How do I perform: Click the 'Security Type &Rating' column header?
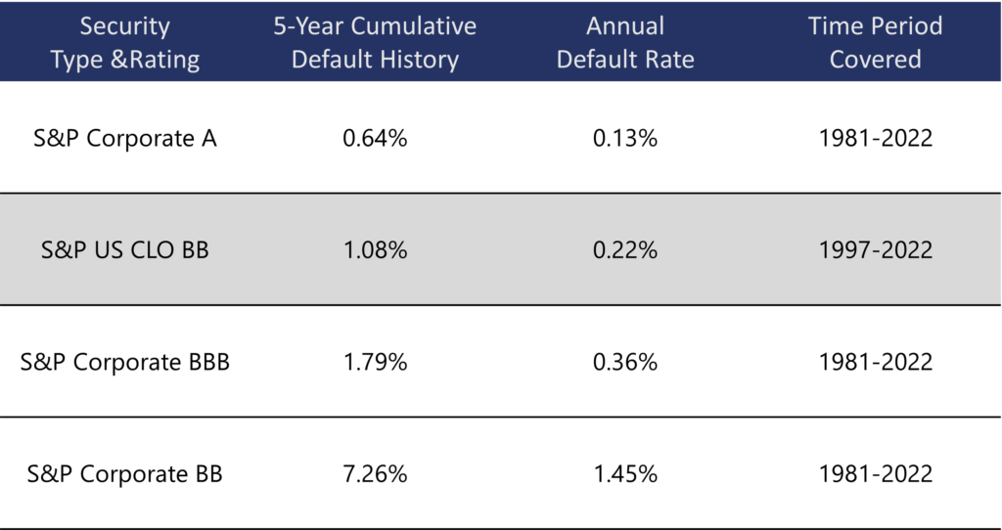(x=125, y=42)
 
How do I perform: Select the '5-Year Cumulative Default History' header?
(x=375, y=42)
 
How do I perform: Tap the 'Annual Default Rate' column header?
(x=625, y=42)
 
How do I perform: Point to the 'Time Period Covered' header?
(x=876, y=42)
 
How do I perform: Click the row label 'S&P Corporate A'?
(x=125, y=138)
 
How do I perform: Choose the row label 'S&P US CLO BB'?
(x=125, y=249)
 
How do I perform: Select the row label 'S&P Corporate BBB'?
(x=125, y=362)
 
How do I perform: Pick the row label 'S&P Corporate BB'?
(x=125, y=474)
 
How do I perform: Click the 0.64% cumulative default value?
(x=375, y=138)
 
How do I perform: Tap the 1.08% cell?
(x=375, y=249)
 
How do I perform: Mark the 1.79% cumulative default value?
(x=375, y=362)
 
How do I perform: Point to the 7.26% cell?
(x=375, y=474)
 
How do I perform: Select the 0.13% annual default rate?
(x=625, y=138)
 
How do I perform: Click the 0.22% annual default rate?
(x=625, y=249)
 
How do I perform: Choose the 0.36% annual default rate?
(x=625, y=362)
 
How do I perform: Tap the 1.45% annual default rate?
(x=625, y=474)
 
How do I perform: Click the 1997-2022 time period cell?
(x=876, y=249)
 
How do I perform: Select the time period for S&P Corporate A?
(x=876, y=138)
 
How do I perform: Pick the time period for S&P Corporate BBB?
(x=876, y=362)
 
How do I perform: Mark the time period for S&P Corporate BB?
(x=876, y=474)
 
